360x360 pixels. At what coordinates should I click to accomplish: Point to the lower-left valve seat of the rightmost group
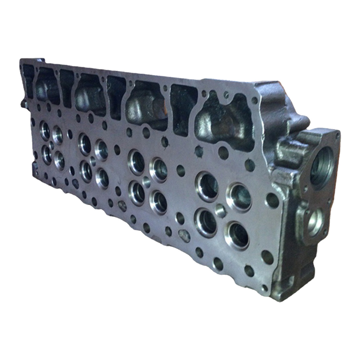(x=206, y=222)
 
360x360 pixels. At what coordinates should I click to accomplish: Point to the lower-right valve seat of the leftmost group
(x=59, y=159)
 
